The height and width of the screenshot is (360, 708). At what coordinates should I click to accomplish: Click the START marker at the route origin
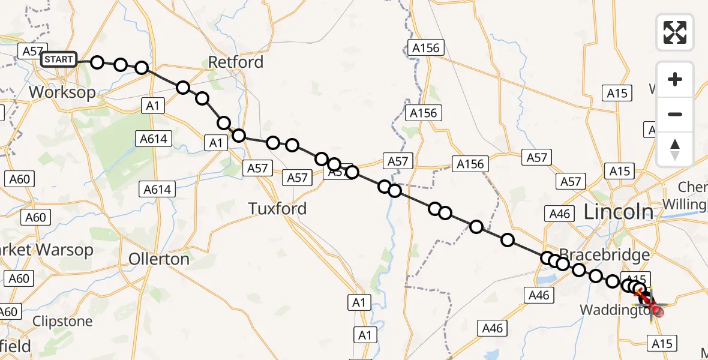pyautogui.click(x=59, y=59)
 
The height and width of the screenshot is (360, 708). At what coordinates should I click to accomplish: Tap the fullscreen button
pyautogui.click(x=675, y=32)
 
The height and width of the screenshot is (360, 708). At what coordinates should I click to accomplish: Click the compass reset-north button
pyautogui.click(x=675, y=149)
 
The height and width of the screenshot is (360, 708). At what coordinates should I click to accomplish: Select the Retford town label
pyautogui.click(x=235, y=62)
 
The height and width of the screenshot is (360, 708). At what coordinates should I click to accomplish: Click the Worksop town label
pyautogui.click(x=62, y=92)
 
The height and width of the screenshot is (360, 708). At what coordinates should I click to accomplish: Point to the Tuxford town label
pyautogui.click(x=277, y=208)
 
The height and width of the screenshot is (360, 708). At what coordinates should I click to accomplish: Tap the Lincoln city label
pyautogui.click(x=618, y=212)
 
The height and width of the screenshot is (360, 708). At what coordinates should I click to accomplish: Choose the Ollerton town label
pyautogui.click(x=159, y=259)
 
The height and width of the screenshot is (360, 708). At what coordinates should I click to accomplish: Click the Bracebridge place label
pyautogui.click(x=604, y=254)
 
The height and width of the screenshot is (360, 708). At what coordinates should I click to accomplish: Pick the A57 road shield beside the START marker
pyautogui.click(x=31, y=51)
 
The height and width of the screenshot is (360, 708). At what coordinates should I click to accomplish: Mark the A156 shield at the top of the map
pyautogui.click(x=425, y=48)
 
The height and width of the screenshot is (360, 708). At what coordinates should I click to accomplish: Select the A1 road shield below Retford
pyautogui.click(x=152, y=106)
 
